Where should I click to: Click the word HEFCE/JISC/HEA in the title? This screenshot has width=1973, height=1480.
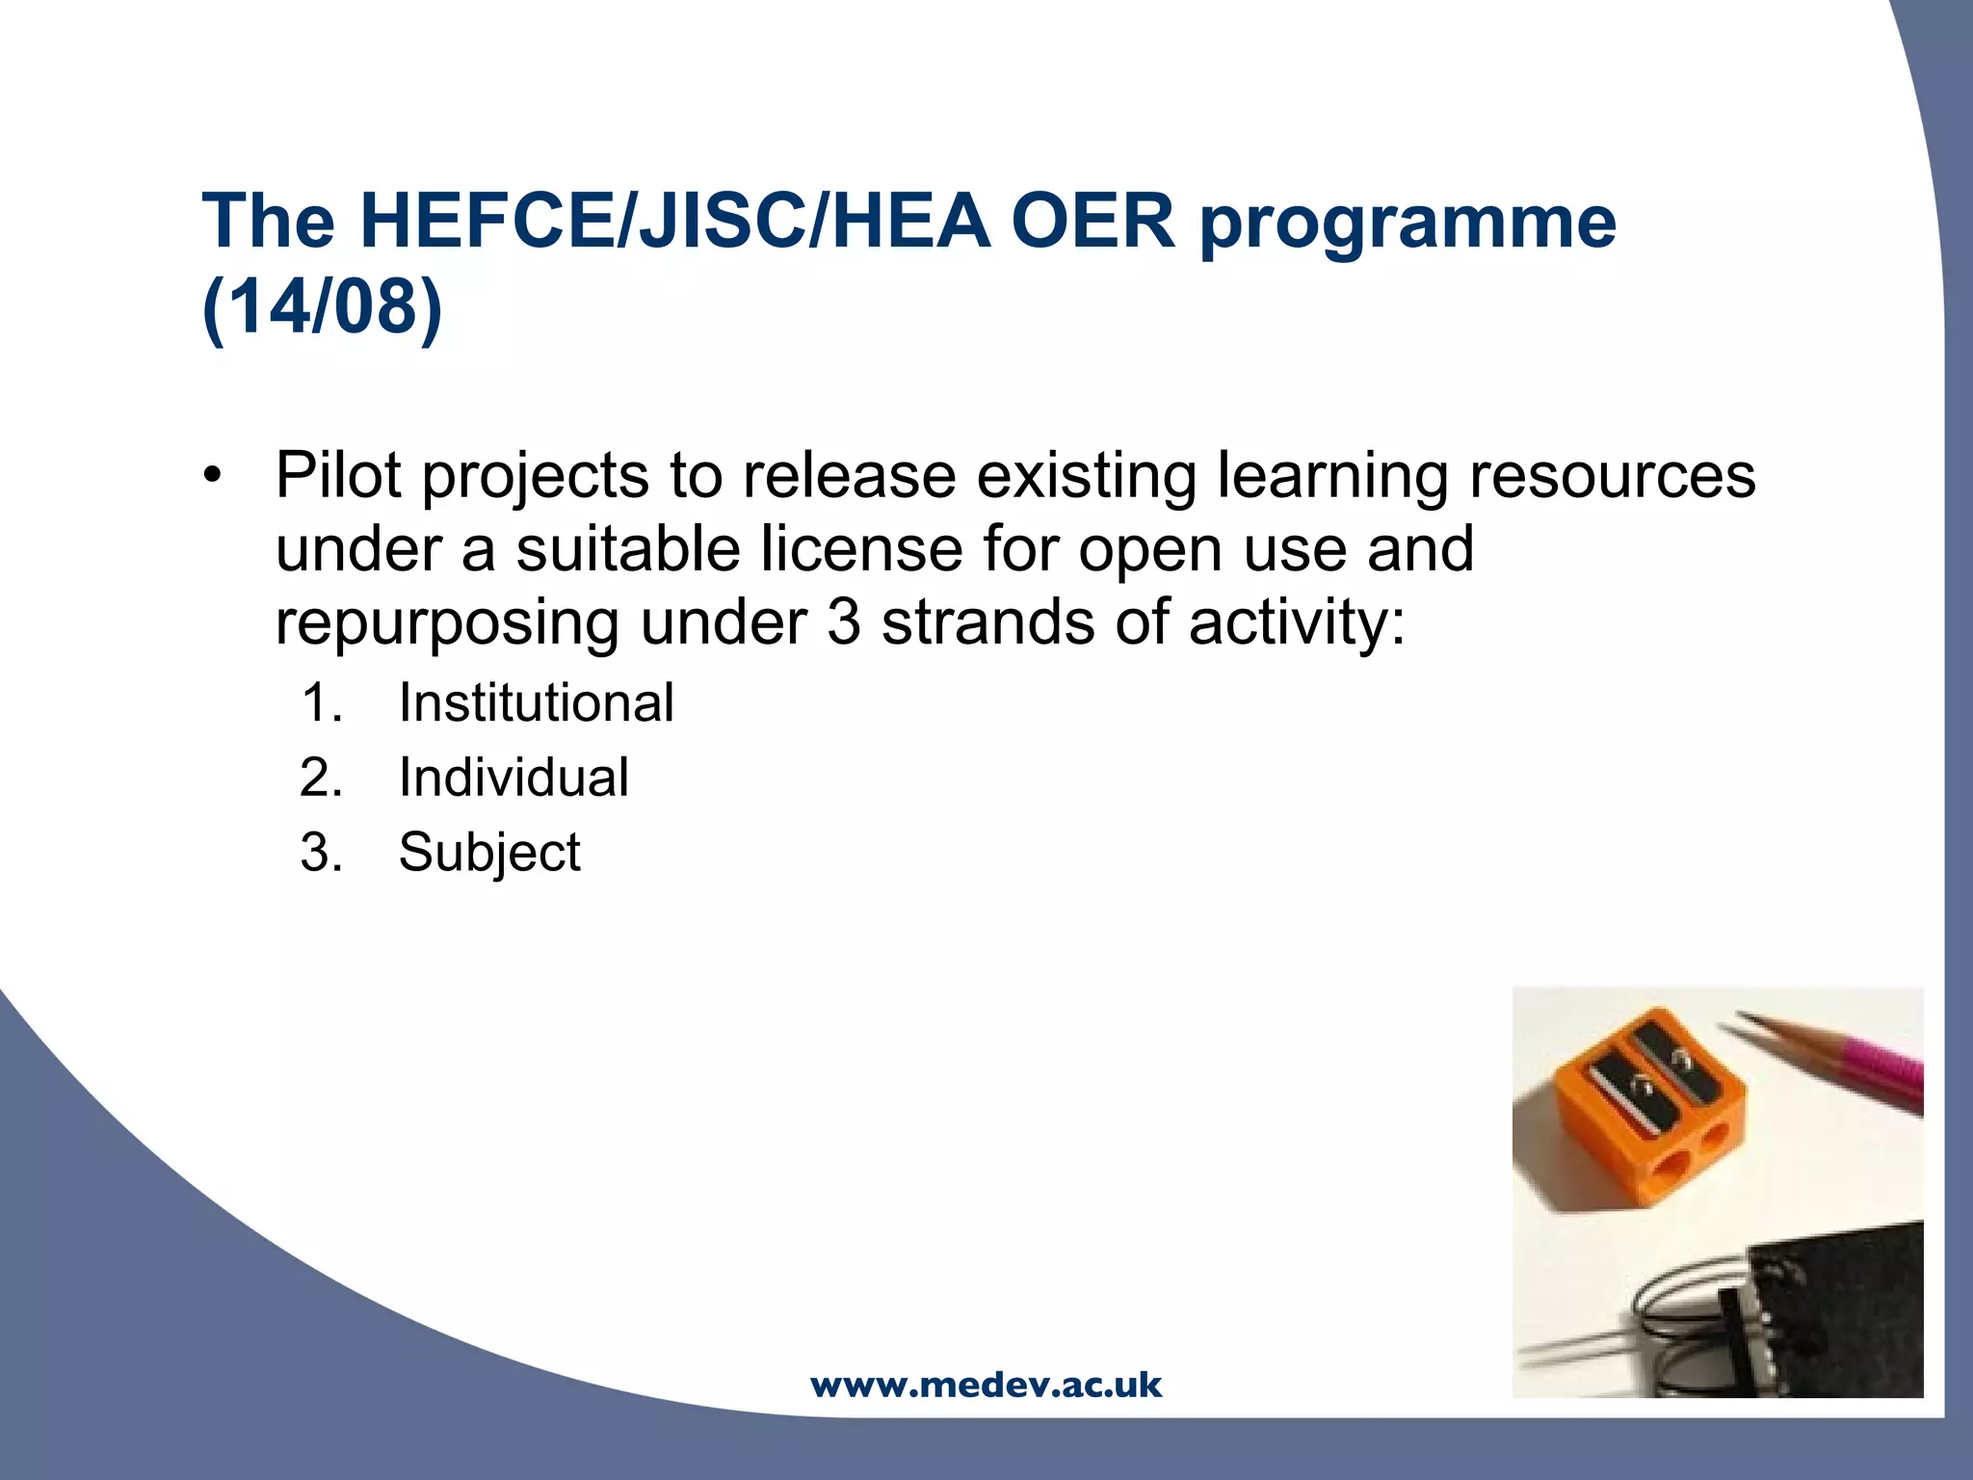[674, 222]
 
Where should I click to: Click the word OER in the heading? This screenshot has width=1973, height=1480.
[1092, 222]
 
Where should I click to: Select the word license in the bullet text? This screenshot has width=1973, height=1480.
[861, 549]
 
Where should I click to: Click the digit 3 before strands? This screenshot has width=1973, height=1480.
[843, 622]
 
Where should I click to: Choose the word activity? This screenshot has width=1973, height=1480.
[1297, 622]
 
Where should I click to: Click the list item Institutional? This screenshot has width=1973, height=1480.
[536, 702]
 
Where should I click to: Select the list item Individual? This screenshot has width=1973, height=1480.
[513, 778]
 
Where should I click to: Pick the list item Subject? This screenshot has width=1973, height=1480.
[489, 852]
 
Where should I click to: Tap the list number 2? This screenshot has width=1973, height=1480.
[321, 778]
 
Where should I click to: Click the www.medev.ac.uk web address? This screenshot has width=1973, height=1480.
[986, 1386]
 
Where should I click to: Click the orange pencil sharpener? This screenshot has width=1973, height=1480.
[1647, 1108]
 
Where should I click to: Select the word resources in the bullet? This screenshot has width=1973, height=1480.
[1612, 475]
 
